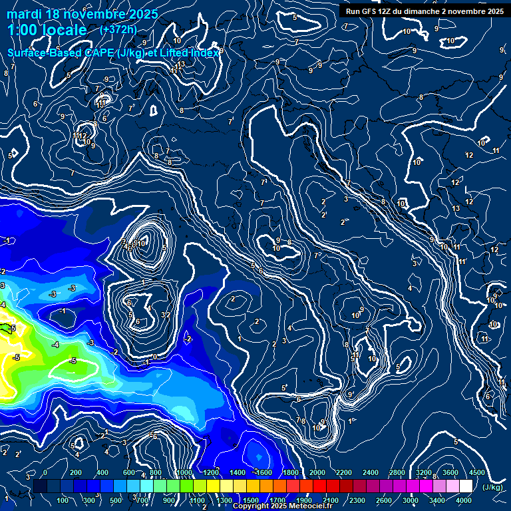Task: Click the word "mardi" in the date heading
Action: (x=25, y=14)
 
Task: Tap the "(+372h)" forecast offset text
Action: (x=118, y=29)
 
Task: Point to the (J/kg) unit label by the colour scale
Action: (x=493, y=487)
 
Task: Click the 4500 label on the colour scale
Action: (x=477, y=472)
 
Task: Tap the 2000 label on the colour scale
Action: (x=317, y=472)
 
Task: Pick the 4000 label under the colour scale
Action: (x=464, y=500)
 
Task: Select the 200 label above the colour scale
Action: (x=76, y=472)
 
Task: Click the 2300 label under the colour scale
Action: (x=357, y=500)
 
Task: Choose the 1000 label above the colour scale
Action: (x=184, y=472)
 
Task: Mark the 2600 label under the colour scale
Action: (x=384, y=500)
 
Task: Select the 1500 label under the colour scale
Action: (x=251, y=500)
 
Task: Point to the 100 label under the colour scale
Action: (x=63, y=500)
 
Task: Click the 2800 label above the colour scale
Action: (x=397, y=472)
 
